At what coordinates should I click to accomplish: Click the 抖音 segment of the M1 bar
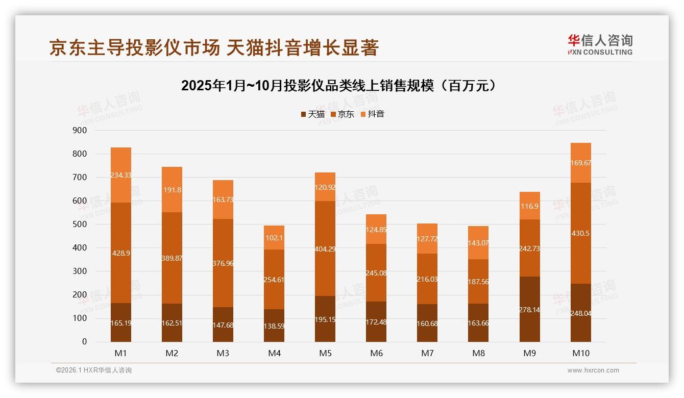click(x=121, y=175)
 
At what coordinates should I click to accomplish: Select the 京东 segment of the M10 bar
click(x=580, y=233)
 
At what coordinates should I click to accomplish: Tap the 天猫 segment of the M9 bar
click(x=529, y=309)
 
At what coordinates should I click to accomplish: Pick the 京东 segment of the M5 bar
click(x=325, y=248)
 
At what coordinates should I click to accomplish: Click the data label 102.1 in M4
click(x=274, y=237)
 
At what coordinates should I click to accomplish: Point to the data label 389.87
click(x=172, y=258)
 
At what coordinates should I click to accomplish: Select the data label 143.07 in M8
click(x=478, y=242)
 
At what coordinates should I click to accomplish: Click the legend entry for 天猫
click(x=312, y=114)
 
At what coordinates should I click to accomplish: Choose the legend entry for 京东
click(x=343, y=114)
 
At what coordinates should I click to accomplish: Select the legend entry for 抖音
click(x=372, y=114)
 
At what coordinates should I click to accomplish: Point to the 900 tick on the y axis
click(x=80, y=131)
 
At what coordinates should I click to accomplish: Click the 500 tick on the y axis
click(x=80, y=225)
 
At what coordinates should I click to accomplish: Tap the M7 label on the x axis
click(x=427, y=354)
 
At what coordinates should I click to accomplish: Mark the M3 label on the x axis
click(x=223, y=354)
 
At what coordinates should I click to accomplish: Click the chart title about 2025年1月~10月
click(x=338, y=85)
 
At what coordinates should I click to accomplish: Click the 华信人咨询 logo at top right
click(x=600, y=44)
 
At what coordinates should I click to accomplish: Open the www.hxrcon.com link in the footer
click(x=593, y=370)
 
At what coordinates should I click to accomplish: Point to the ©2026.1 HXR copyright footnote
click(x=94, y=370)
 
